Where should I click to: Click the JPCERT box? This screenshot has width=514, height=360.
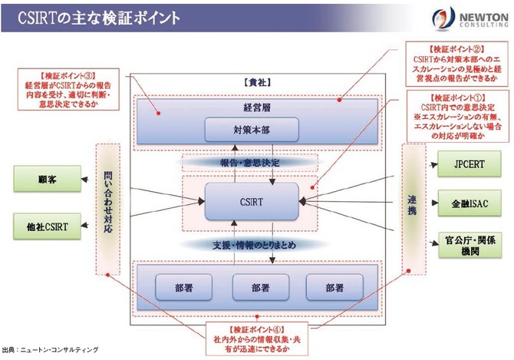tap(468, 163)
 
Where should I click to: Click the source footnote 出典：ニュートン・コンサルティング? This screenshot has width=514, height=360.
tap(50, 350)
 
